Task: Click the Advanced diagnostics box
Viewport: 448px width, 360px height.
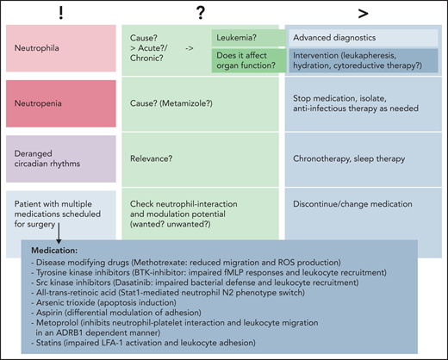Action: [362, 38]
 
